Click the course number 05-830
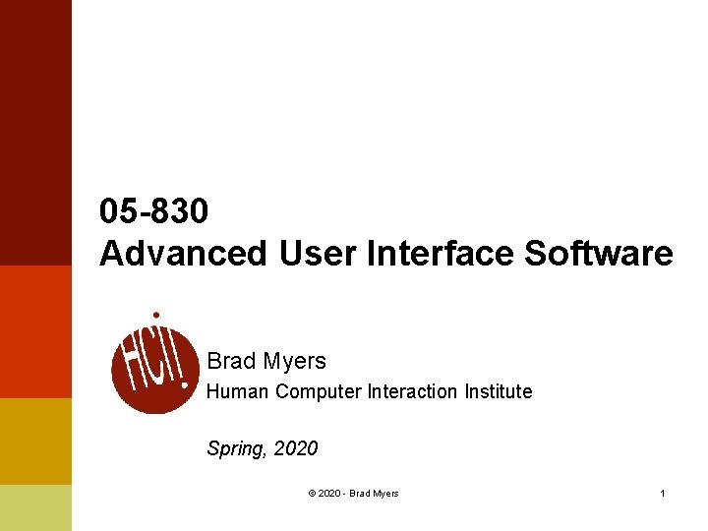click(x=154, y=211)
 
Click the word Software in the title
click(x=599, y=254)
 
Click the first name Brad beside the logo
click(x=231, y=362)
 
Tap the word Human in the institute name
click(x=238, y=391)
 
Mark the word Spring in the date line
click(x=236, y=449)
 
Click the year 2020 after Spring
click(x=296, y=448)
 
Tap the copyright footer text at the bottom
click(x=353, y=494)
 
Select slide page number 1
click(x=663, y=494)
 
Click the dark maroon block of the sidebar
click(x=35, y=133)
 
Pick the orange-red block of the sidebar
click(x=35, y=331)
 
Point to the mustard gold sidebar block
click(x=35, y=441)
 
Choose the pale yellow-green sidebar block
click(x=35, y=507)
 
